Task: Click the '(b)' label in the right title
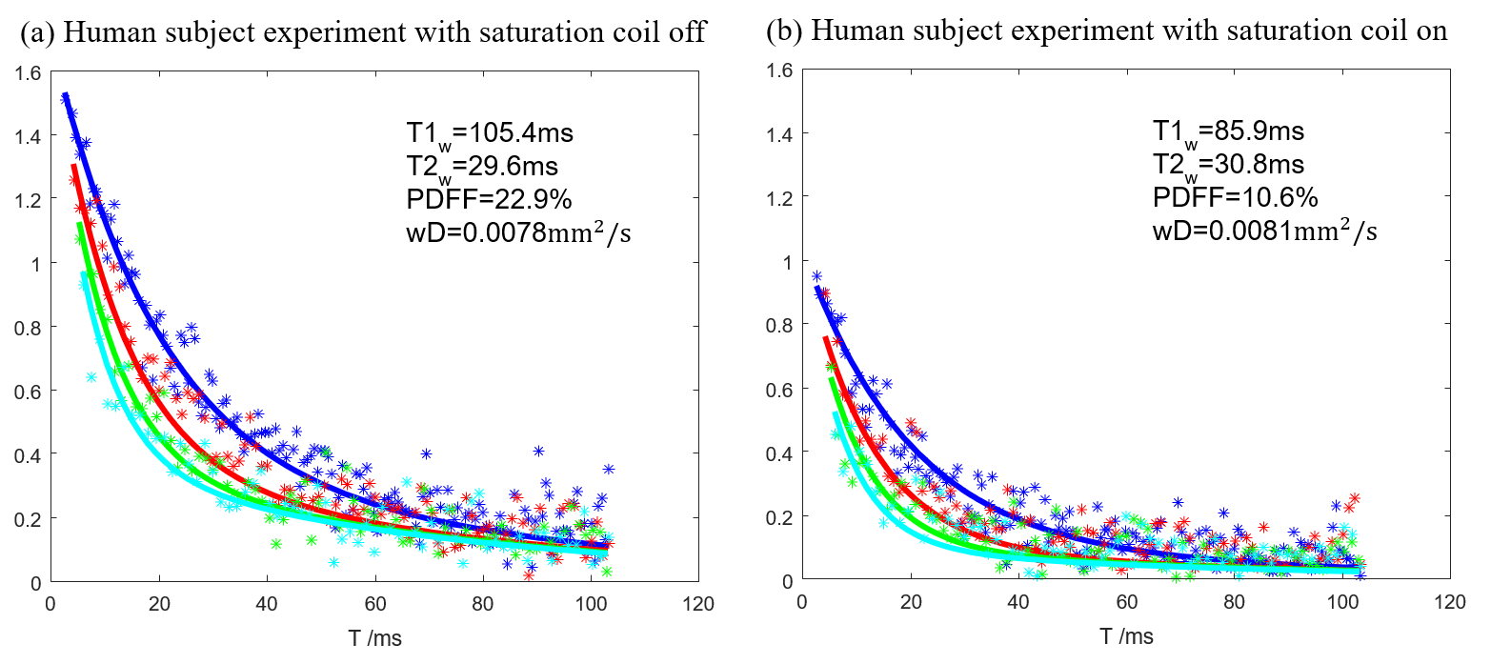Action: pos(783,31)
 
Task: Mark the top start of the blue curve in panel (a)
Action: pos(65,95)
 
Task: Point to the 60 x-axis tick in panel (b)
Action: pos(1126,602)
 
